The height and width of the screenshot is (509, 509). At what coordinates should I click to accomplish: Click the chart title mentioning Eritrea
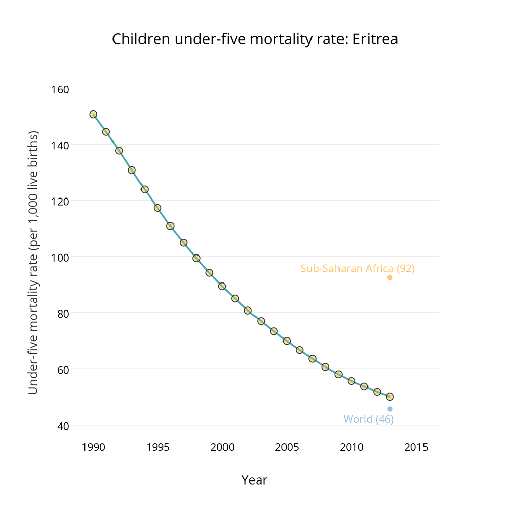pos(254,39)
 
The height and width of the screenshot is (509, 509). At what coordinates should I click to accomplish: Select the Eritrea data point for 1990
pos(93,115)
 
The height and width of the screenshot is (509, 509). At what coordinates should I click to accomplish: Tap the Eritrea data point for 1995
pos(158,208)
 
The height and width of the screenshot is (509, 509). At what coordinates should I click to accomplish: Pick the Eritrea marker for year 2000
pos(222,287)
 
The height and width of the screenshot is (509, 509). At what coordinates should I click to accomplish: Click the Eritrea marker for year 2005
pos(287,341)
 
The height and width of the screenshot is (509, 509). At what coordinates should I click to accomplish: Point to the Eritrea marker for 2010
pos(351,381)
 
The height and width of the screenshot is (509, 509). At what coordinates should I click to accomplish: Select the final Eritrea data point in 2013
pos(390,397)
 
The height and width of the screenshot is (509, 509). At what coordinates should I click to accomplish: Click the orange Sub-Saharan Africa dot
pos(390,278)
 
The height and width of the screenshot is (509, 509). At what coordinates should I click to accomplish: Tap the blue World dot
pos(390,409)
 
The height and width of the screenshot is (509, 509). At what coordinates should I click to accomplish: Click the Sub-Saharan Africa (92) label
pos(357,269)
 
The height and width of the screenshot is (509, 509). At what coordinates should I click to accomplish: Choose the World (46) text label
pos(369,419)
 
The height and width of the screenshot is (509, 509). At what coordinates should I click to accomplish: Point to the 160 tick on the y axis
pos(61,89)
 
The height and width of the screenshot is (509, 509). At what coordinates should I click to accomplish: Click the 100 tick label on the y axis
pos(61,257)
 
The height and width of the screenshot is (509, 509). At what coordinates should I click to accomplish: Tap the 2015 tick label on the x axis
pos(415,448)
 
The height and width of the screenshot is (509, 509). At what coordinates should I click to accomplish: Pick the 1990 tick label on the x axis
pos(93,448)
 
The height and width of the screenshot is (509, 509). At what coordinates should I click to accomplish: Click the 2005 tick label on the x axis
pos(287,448)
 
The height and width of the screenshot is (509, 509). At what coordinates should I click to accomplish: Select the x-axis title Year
pos(254,480)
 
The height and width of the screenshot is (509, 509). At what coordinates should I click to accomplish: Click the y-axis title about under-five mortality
pos(33,263)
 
